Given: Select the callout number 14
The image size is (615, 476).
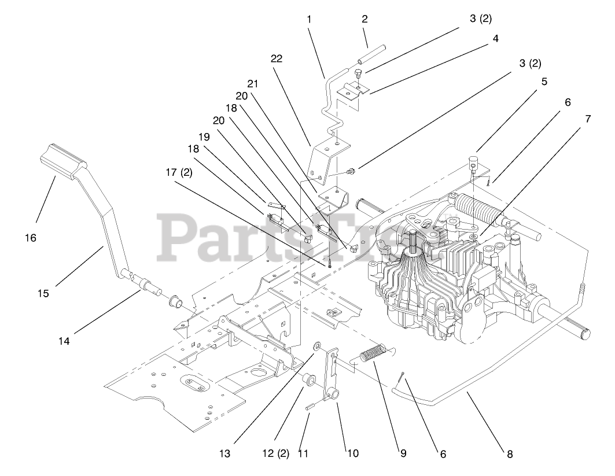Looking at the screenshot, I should point(64,341).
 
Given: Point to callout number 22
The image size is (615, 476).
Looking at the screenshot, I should point(276,58).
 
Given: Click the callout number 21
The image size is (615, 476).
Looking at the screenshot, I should point(252,83).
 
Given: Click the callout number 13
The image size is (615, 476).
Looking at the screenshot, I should point(224,454).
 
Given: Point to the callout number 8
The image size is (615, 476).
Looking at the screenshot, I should point(509,454).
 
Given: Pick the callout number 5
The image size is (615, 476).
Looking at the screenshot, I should point(544,82).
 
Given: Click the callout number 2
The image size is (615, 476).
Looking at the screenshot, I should point(364,19).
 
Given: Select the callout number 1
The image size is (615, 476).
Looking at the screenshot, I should point(309,19).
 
